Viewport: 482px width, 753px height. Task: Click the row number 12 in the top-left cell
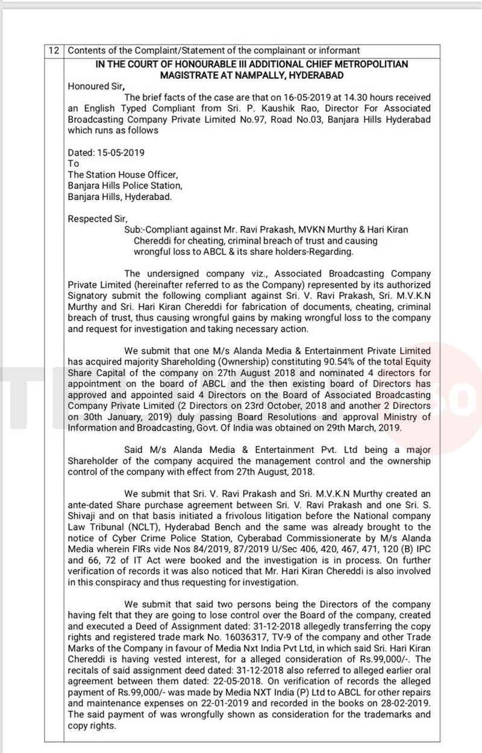54,51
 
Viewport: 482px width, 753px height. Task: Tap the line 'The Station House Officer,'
122,175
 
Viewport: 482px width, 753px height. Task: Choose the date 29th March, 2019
386,428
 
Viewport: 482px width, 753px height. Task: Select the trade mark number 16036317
227,637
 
